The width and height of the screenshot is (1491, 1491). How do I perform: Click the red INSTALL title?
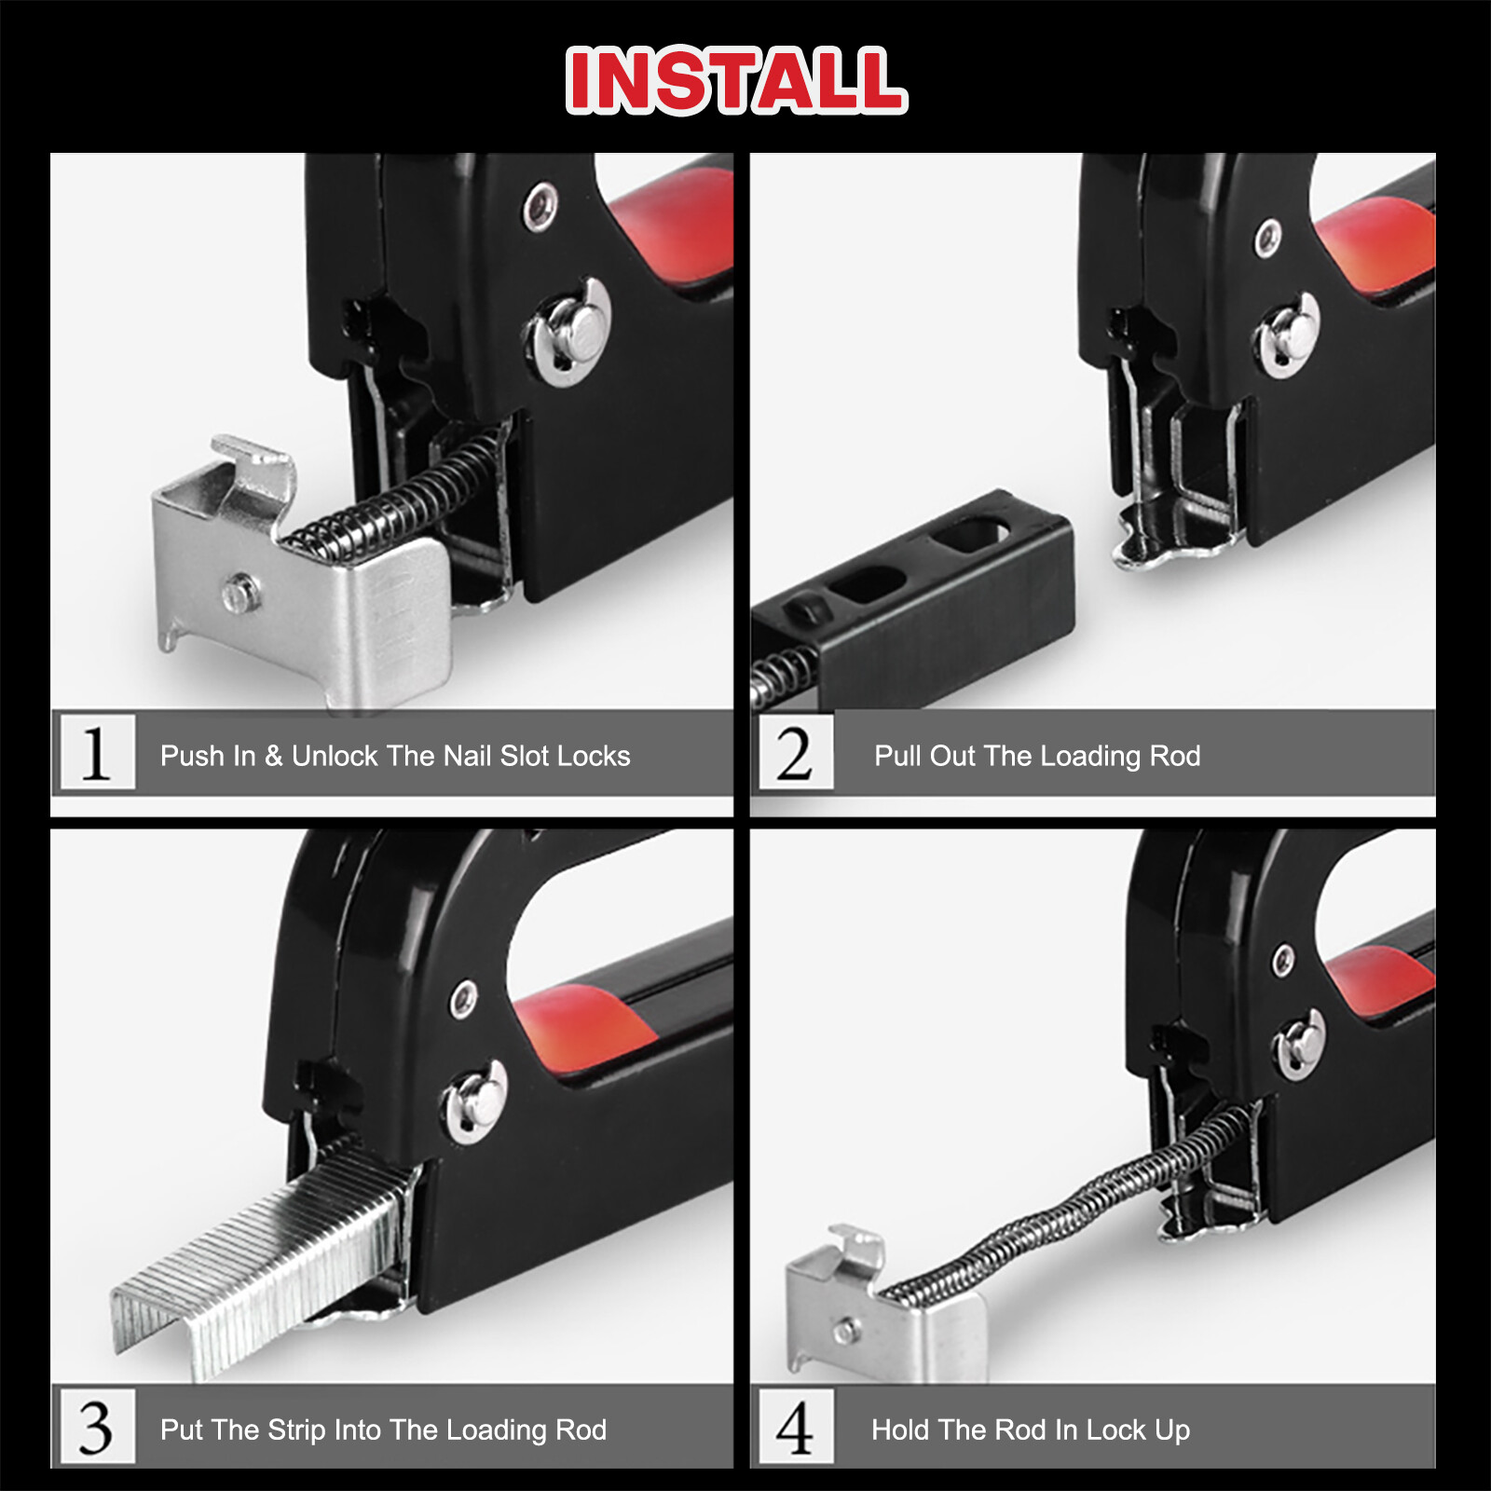pos(736,80)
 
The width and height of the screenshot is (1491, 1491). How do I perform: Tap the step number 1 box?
pos(97,752)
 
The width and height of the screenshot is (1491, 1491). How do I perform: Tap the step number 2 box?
pos(795,752)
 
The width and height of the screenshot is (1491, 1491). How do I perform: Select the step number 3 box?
pos(97,1427)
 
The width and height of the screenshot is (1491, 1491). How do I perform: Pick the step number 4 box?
pos(795,1427)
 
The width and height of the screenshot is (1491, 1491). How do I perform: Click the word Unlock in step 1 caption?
pos(335,756)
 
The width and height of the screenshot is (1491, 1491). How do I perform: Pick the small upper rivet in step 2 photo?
pos(1268,237)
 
